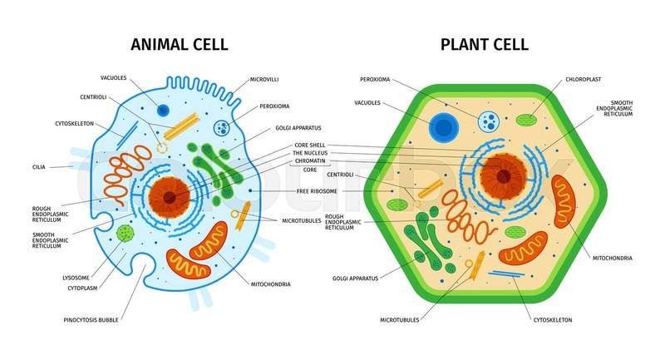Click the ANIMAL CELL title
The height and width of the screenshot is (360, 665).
[179, 44]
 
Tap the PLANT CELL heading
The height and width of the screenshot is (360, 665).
[484, 44]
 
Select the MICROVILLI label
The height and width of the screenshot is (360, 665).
[264, 80]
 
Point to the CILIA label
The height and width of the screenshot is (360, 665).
[39, 166]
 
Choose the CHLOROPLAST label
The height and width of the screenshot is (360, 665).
[583, 80]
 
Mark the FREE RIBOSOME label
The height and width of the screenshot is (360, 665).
[315, 191]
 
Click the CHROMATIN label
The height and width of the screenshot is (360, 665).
[309, 161]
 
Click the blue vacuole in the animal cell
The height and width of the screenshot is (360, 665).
[163, 111]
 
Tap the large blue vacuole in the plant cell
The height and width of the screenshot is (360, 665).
[444, 127]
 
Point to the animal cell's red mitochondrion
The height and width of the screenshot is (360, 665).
[196, 251]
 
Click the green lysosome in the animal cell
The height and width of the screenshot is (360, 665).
[125, 233]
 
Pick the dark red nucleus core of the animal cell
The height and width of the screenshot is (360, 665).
[170, 197]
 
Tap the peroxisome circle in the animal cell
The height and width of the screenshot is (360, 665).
[222, 128]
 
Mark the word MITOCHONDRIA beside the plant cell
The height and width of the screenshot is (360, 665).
[613, 258]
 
